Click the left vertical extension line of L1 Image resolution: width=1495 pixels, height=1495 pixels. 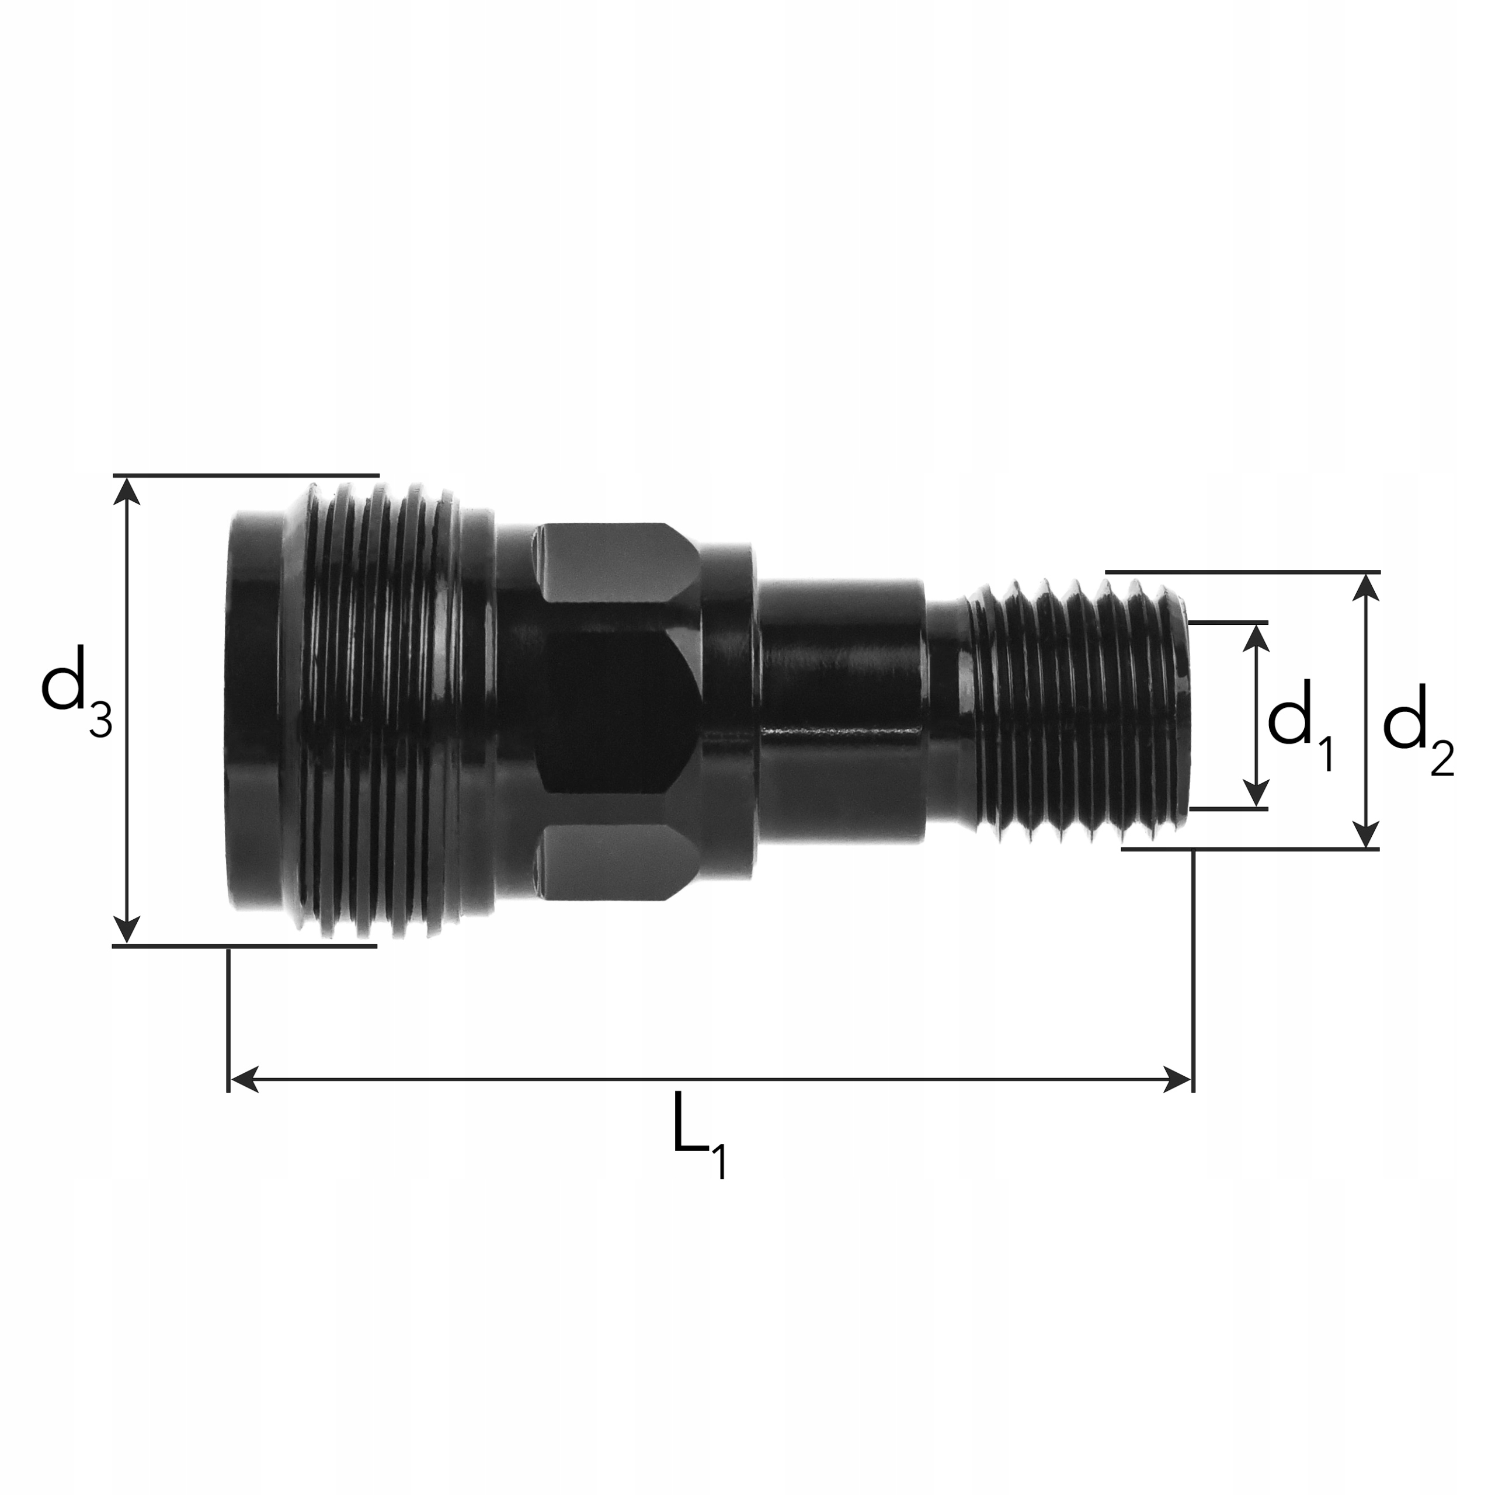[228, 1014]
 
